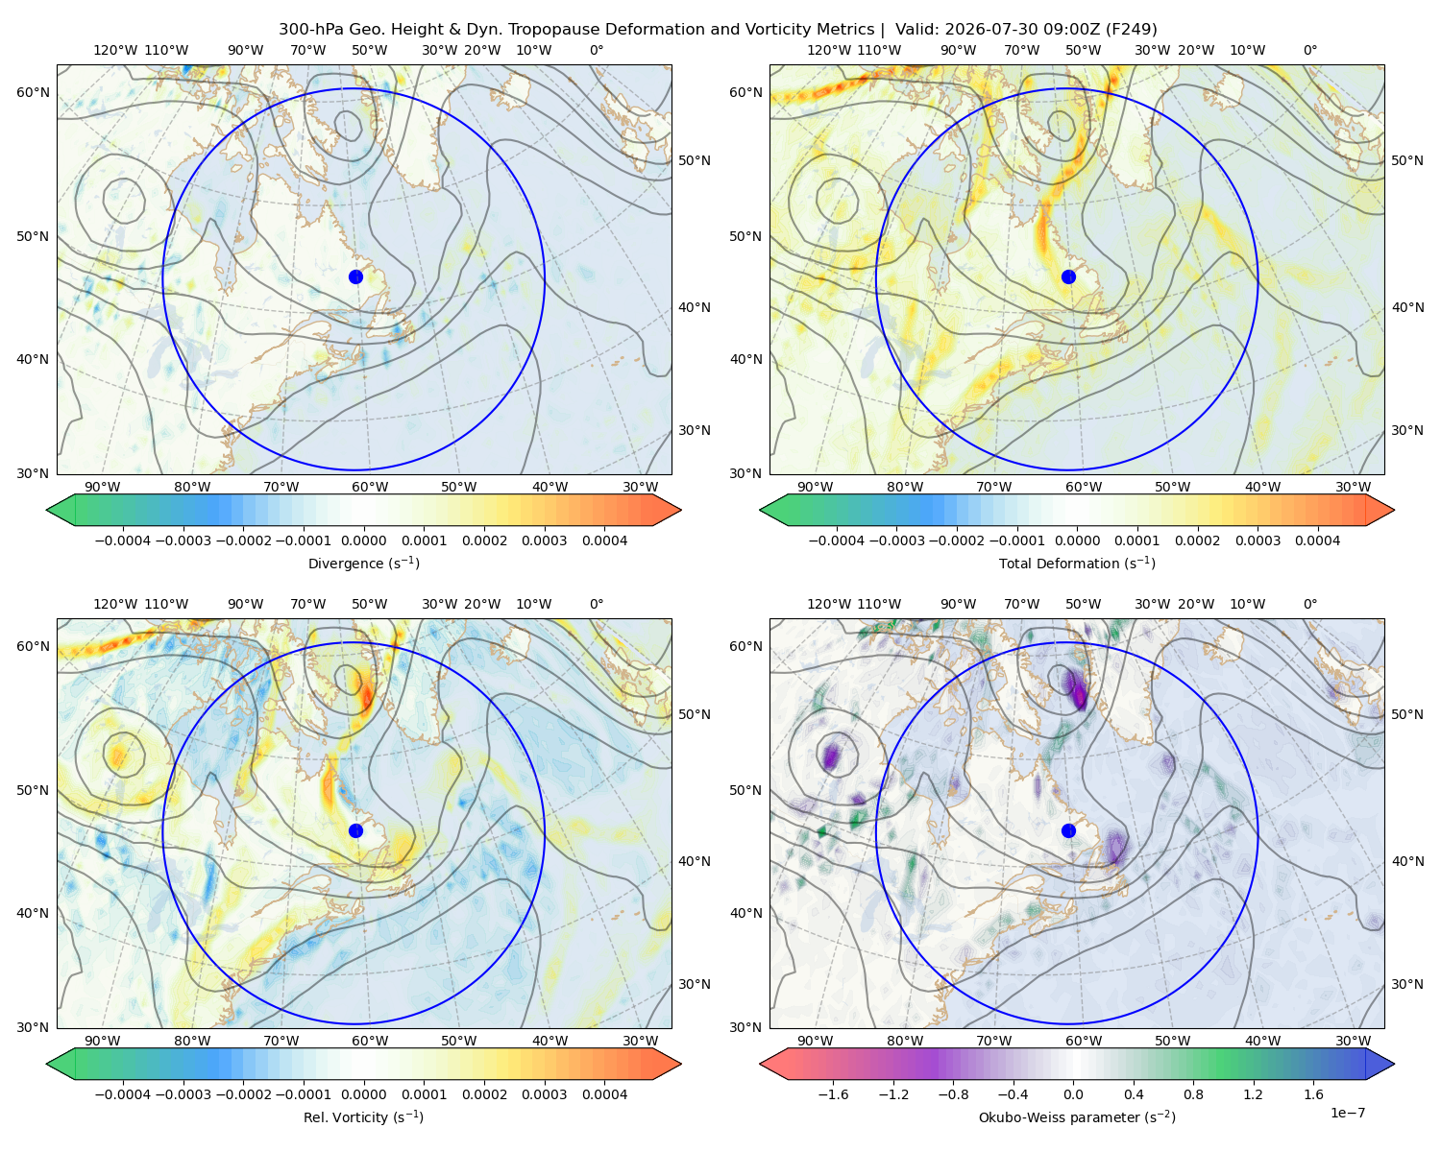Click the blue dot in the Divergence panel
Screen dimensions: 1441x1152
click(x=355, y=276)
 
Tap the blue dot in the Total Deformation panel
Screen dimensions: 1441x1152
click(x=1068, y=276)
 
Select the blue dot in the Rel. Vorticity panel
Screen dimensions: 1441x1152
click(x=355, y=830)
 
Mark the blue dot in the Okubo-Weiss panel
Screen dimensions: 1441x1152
click(x=1068, y=830)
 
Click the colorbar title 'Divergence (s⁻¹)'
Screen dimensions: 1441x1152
click(x=363, y=563)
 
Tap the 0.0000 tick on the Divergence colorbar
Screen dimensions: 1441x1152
click(x=363, y=540)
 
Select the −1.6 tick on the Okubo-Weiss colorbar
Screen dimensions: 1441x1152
click(x=833, y=1093)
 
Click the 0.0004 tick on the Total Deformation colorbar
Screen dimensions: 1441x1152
click(x=1317, y=540)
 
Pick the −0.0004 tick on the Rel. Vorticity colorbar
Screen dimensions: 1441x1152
click(x=123, y=1093)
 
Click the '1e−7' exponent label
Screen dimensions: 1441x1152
click(x=1347, y=1113)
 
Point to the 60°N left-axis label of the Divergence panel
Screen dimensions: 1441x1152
click(x=33, y=92)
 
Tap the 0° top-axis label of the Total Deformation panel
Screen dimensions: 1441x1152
click(x=1309, y=50)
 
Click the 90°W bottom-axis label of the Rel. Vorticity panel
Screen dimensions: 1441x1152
click(x=103, y=1041)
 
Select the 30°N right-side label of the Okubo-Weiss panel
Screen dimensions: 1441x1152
click(x=1407, y=984)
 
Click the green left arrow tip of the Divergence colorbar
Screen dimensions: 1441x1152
click(x=47, y=510)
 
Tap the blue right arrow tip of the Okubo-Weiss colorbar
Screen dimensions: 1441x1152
click(x=1394, y=1064)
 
